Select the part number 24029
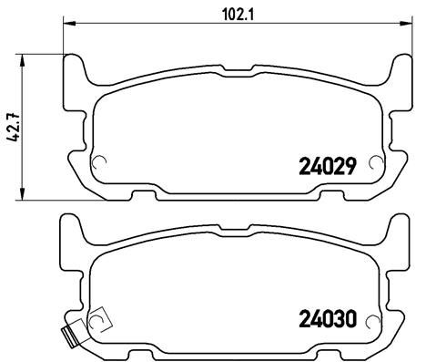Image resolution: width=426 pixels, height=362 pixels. coord(325,167)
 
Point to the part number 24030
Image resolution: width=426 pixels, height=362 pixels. coord(325,320)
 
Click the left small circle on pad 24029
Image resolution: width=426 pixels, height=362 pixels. coord(99,164)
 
